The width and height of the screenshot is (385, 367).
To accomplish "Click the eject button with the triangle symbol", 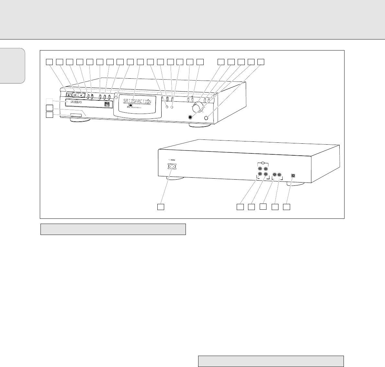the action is pyautogui.click(x=69, y=95).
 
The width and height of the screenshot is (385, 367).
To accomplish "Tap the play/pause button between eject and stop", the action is pyautogui.click(x=75, y=95).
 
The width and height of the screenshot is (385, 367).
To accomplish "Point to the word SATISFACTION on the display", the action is pyautogui.click(x=137, y=102).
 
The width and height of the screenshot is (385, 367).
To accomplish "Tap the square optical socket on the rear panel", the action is pyautogui.click(x=293, y=175).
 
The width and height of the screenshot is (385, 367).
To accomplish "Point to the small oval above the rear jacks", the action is pyautogui.click(x=263, y=163).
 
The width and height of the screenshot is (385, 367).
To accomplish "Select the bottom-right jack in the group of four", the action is pyautogui.click(x=266, y=175).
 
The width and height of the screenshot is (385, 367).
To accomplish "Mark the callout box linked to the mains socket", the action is pyautogui.click(x=161, y=206).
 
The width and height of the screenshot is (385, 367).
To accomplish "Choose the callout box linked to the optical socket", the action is pyautogui.click(x=287, y=206).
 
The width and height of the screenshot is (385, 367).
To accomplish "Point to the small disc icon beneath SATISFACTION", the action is pyautogui.click(x=130, y=106).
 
